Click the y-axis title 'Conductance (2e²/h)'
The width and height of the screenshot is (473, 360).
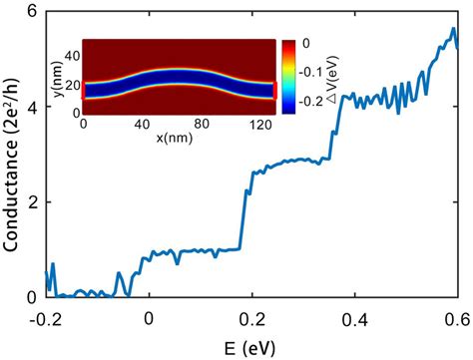point(13,150)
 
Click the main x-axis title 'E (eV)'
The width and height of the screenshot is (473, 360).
point(251,346)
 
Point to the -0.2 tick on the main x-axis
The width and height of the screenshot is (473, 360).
point(45,319)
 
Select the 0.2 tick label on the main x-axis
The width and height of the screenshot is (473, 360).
point(251,319)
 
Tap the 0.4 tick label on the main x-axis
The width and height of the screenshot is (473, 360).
point(354,319)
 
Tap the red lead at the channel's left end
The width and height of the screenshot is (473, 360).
point(84,91)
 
